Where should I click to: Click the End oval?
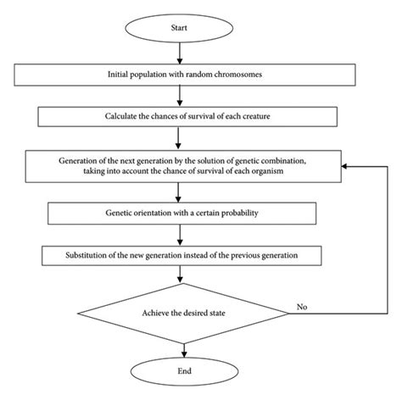tap(178, 369)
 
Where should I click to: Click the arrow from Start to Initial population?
tap(178, 53)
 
